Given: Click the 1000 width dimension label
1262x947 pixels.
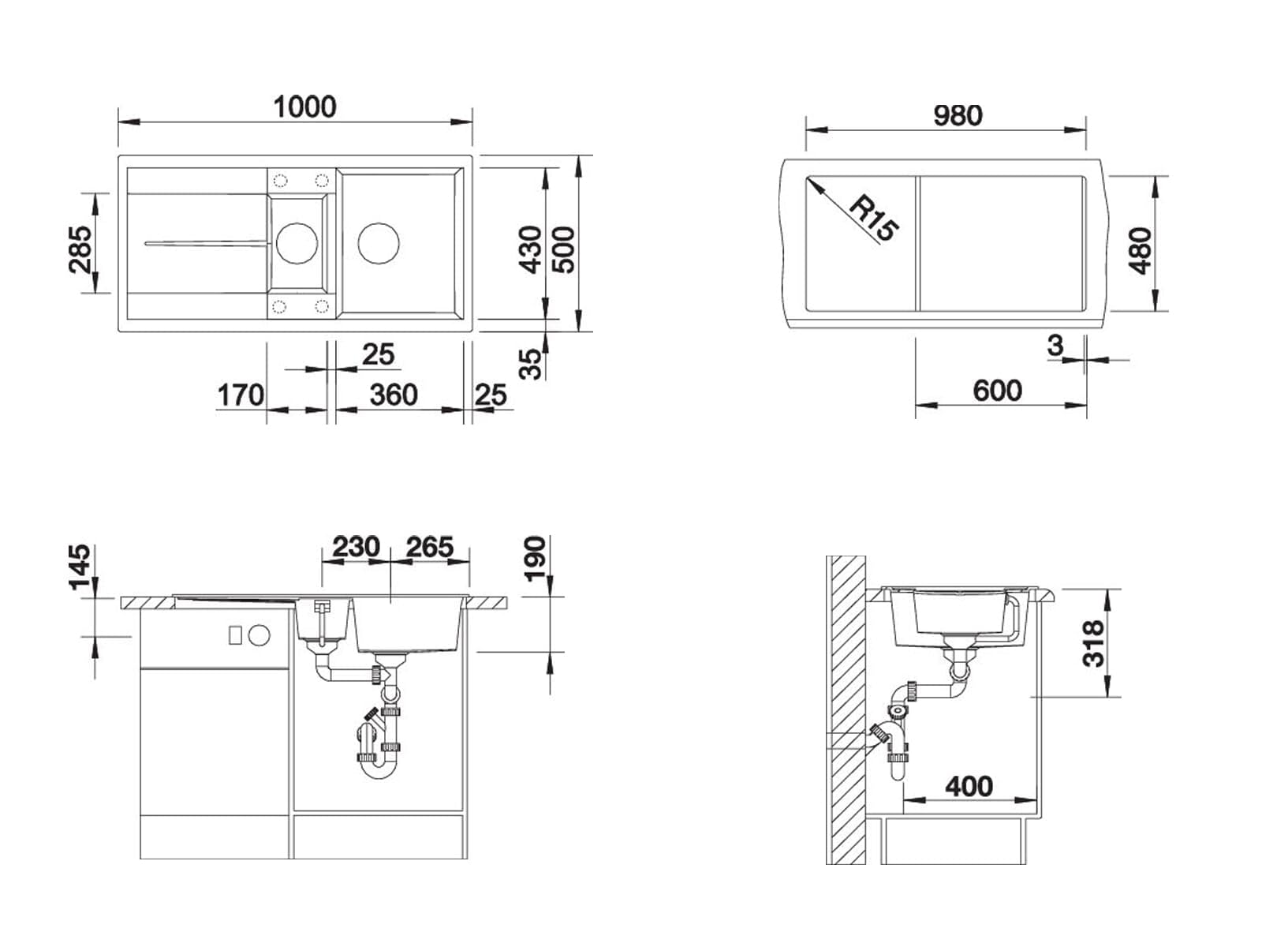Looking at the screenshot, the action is (x=304, y=107).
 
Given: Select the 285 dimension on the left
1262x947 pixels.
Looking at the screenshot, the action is (x=80, y=249).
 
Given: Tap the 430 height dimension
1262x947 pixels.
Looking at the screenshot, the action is (x=530, y=249).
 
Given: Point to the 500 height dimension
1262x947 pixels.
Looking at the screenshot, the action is (x=563, y=249).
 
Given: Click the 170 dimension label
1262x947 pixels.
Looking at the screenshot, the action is (x=241, y=395).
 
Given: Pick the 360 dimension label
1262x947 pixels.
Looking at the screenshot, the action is (x=394, y=395).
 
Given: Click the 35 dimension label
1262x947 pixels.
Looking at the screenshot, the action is (x=530, y=364).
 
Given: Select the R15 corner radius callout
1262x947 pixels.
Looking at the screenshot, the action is (x=873, y=219).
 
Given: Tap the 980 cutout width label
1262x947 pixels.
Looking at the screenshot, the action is (x=958, y=115).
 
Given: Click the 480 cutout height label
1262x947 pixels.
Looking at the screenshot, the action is (x=1140, y=251).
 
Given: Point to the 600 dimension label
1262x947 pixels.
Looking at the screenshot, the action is (x=998, y=391).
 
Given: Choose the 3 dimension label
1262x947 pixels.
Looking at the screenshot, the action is (x=1055, y=346).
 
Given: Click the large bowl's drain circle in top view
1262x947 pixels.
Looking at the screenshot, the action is (x=379, y=243).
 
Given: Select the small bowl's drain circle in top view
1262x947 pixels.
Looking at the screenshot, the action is (x=297, y=243).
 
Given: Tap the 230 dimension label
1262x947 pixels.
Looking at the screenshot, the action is (x=356, y=546).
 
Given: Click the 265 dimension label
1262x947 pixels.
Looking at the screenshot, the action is (x=430, y=546).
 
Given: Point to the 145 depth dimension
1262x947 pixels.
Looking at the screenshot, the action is (x=80, y=567).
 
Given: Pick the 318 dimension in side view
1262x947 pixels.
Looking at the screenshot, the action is (x=1093, y=643).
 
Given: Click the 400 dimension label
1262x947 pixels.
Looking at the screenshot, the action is (x=969, y=787).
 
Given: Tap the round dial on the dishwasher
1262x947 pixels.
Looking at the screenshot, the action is (x=259, y=634).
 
